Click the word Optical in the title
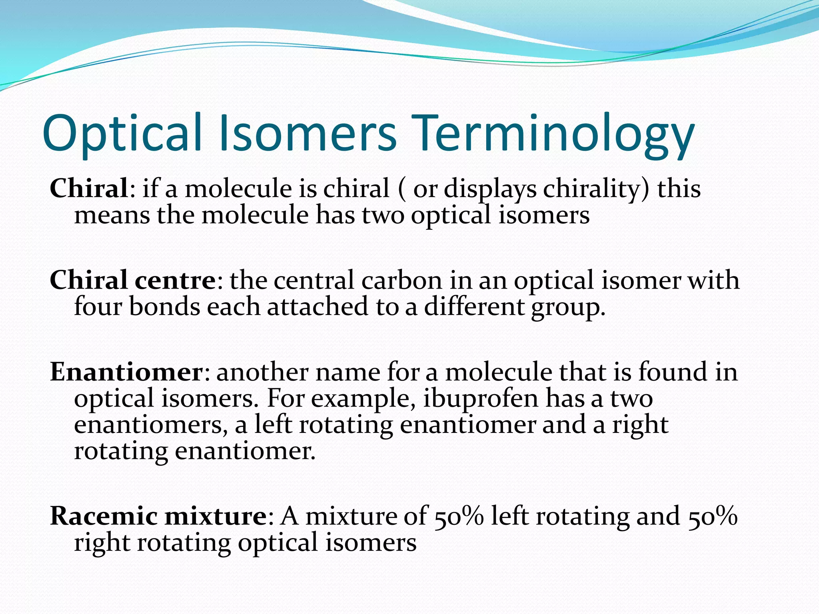(x=122, y=133)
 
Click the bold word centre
(x=175, y=280)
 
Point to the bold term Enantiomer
(x=126, y=372)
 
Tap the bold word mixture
(x=216, y=516)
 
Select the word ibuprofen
(x=480, y=399)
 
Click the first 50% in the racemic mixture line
(x=459, y=516)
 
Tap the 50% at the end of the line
(x=713, y=516)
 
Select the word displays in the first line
(x=490, y=189)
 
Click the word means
(x=112, y=215)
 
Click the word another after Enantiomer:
(x=262, y=372)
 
